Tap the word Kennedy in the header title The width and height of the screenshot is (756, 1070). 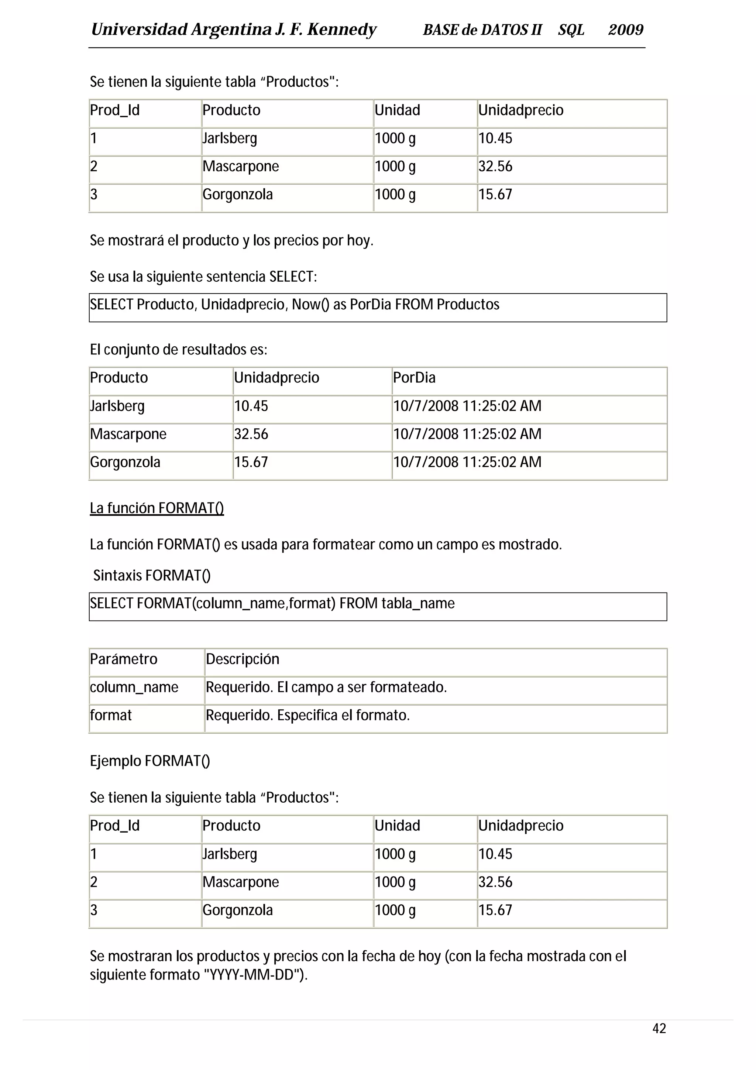coord(341,30)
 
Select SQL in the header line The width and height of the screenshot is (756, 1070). coord(571,30)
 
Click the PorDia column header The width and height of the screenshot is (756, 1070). coord(414,377)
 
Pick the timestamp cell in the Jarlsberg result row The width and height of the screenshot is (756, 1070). coord(467,406)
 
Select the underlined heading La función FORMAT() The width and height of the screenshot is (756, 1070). coord(157,508)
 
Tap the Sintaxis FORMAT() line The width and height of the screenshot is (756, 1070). coord(152,576)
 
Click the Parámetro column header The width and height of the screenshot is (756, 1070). coord(123,659)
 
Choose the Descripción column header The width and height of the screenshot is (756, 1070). coord(242,659)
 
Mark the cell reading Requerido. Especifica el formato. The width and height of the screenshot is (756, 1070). coord(307,715)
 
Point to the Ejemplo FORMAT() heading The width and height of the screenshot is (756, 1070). coord(150,761)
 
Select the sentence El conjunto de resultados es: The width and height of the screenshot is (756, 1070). coord(178,350)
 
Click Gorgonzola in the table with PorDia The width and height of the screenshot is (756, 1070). coord(125,462)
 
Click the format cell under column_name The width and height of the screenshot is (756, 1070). coord(111,715)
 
